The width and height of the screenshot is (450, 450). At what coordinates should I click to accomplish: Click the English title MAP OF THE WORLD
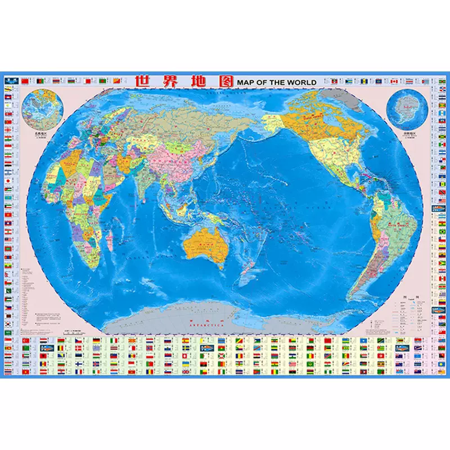tap(277, 82)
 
